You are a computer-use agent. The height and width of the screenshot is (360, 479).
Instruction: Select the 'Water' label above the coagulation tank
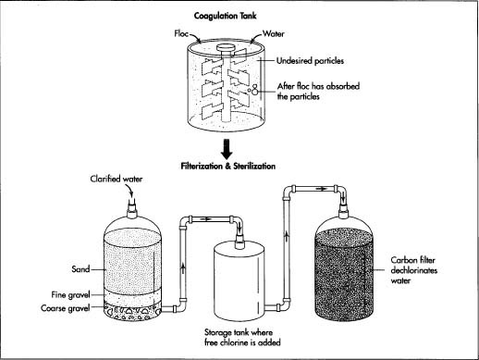[273, 34]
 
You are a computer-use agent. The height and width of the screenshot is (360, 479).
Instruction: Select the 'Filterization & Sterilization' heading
[237, 167]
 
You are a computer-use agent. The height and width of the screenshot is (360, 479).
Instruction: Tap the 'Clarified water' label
[117, 180]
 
